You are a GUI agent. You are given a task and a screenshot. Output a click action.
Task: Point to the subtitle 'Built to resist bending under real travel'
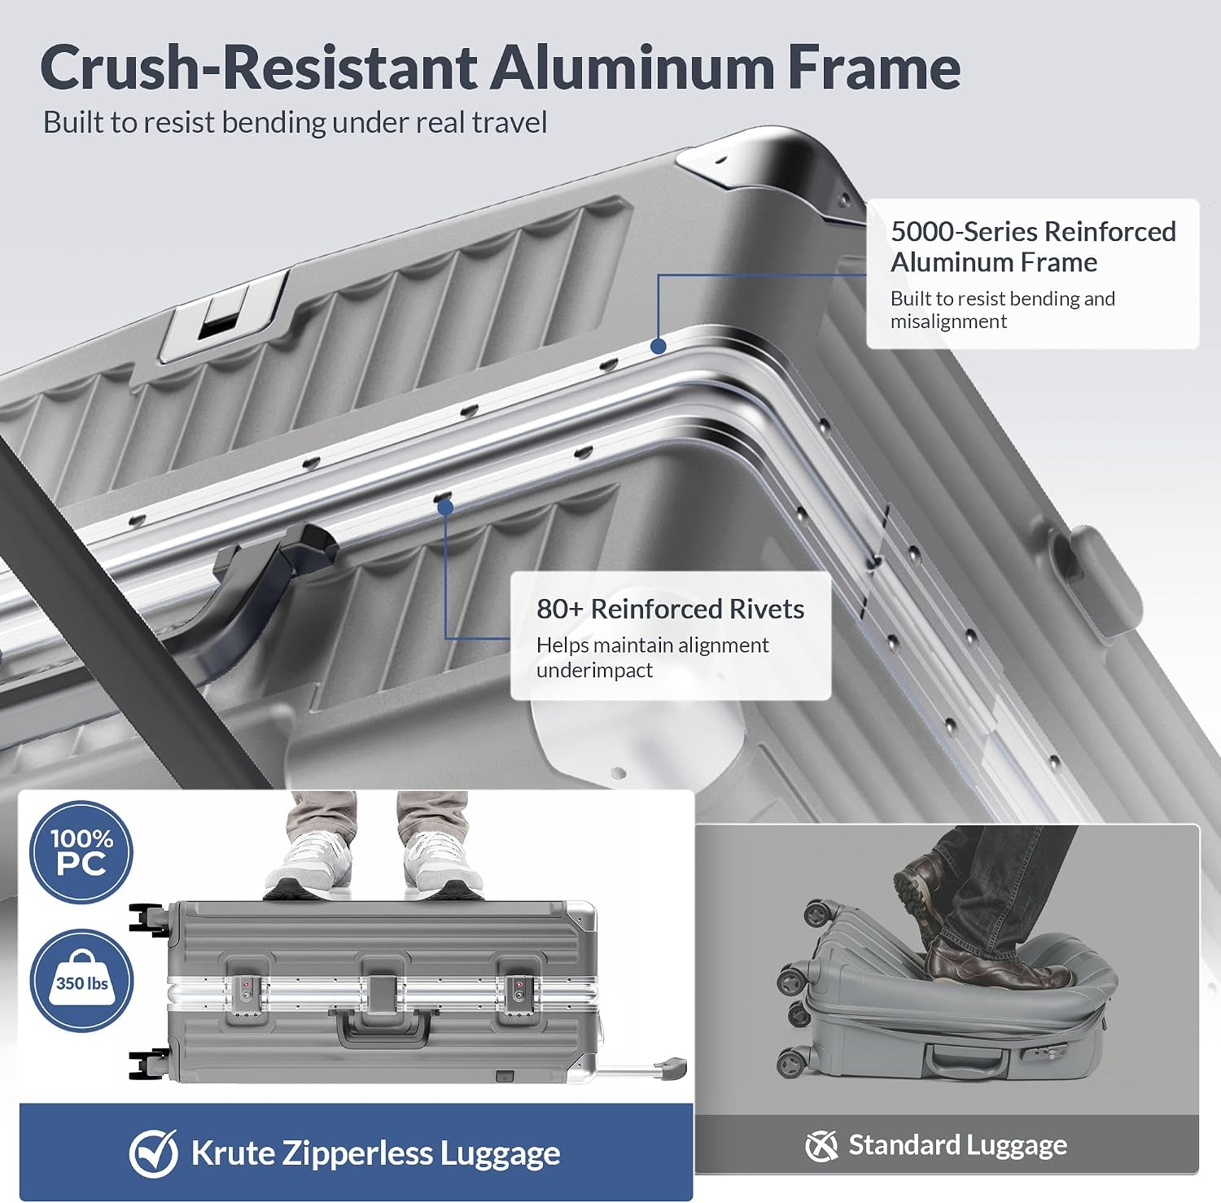pyautogui.click(x=295, y=123)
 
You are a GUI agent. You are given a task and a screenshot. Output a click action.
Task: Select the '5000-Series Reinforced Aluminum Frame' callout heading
pyautogui.click(x=1033, y=247)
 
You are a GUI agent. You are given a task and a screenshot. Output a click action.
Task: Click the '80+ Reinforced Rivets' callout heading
pyautogui.click(x=670, y=609)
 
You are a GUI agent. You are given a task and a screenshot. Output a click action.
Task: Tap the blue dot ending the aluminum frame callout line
pyautogui.click(x=659, y=346)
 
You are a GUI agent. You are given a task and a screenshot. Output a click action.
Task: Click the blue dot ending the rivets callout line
pyautogui.click(x=444, y=507)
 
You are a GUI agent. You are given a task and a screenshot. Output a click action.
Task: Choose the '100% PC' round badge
pyautogui.click(x=81, y=852)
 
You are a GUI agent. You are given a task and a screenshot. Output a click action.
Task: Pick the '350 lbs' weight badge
pyautogui.click(x=81, y=981)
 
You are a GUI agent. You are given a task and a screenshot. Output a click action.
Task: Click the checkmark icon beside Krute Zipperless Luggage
pyautogui.click(x=153, y=1153)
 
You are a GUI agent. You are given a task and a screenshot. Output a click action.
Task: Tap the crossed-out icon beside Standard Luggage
pyautogui.click(x=821, y=1146)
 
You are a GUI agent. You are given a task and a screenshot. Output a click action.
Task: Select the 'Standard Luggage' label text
pyautogui.click(x=957, y=1145)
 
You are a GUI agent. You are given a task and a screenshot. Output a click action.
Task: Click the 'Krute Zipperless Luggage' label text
pyautogui.click(x=375, y=1153)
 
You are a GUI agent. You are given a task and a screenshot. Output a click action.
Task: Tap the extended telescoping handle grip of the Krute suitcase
pyautogui.click(x=673, y=1068)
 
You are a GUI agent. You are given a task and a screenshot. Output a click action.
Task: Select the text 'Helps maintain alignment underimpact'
pyautogui.click(x=652, y=658)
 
